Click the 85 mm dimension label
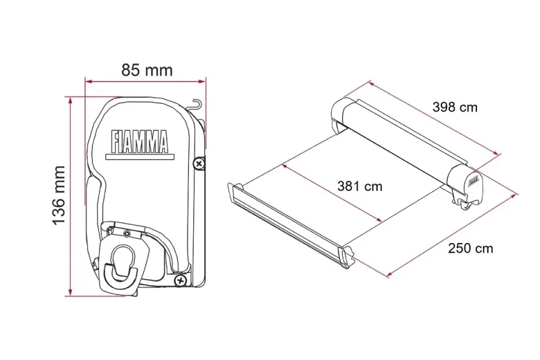(147, 71)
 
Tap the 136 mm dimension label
(59, 195)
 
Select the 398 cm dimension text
(455, 107)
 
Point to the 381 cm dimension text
(359, 186)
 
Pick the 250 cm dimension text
(471, 248)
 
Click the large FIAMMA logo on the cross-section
(139, 141)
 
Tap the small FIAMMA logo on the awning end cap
(473, 180)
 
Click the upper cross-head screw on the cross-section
(199, 163)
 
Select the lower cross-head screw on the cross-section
(180, 281)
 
